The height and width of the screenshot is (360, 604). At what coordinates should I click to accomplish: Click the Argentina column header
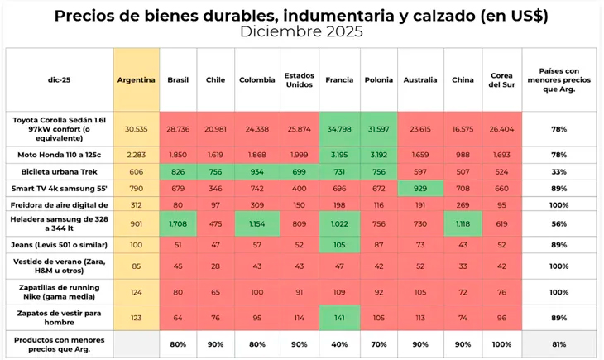136,80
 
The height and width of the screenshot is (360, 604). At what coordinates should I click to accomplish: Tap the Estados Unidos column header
298,80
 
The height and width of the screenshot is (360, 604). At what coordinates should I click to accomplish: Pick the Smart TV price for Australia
420,190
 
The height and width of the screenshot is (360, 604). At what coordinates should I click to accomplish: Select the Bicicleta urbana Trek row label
59,171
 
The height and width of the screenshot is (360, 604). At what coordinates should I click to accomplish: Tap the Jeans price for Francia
339,244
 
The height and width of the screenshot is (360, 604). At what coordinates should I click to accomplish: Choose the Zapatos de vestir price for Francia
339,319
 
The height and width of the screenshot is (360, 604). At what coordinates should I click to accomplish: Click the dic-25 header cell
59,80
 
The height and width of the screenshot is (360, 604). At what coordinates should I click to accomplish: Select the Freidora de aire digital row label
59,204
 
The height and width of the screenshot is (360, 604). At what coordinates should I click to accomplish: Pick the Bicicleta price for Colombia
257,171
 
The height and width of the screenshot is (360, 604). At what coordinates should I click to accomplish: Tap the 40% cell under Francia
339,343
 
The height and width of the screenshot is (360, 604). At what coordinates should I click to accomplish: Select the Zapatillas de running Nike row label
59,291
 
